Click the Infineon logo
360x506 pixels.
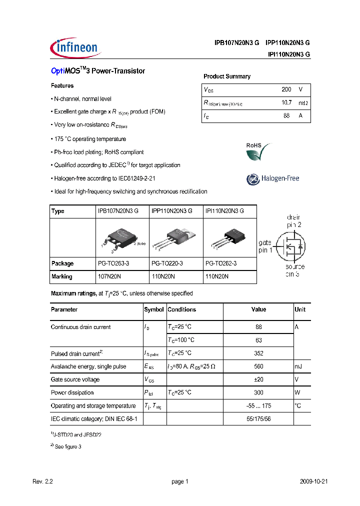click(x=75, y=48)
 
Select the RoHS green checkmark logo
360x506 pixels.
click(x=257, y=152)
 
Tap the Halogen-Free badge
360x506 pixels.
click(x=272, y=178)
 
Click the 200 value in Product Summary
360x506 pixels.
click(x=286, y=89)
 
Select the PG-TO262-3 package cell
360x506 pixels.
click(x=221, y=263)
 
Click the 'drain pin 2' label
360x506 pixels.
click(x=293, y=221)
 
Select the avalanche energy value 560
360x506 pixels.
click(x=258, y=366)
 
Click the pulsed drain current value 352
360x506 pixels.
click(x=258, y=353)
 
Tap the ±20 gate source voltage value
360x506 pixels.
click(x=258, y=379)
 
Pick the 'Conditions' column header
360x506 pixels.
click(x=182, y=309)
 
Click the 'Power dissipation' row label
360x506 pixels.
click(x=72, y=392)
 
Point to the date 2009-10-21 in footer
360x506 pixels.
click(x=313, y=481)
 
